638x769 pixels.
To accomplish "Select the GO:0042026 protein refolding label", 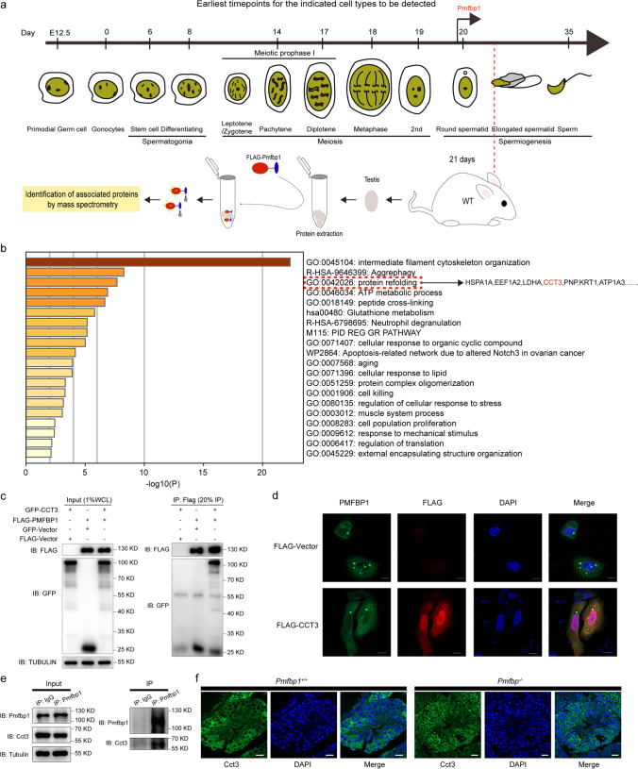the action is point(363,282).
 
